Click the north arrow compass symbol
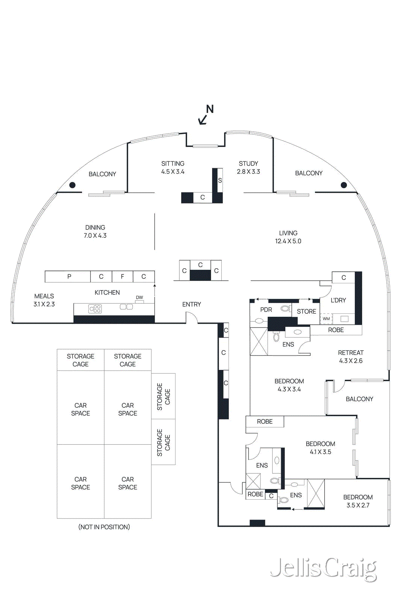206,115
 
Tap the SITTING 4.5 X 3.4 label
173,167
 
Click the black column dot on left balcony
73,185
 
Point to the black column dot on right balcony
343,185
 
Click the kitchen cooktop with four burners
95,309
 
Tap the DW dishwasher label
139,298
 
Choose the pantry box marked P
69,277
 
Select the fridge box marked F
122,277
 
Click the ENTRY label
192,304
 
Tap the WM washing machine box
326,319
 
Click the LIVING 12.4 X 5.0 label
288,237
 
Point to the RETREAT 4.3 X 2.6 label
351,357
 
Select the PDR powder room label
266,310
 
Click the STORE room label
306,312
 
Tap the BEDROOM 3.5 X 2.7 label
358,501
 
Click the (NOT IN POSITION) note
104,527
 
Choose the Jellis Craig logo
323,569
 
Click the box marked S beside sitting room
220,181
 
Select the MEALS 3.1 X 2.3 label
44,300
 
